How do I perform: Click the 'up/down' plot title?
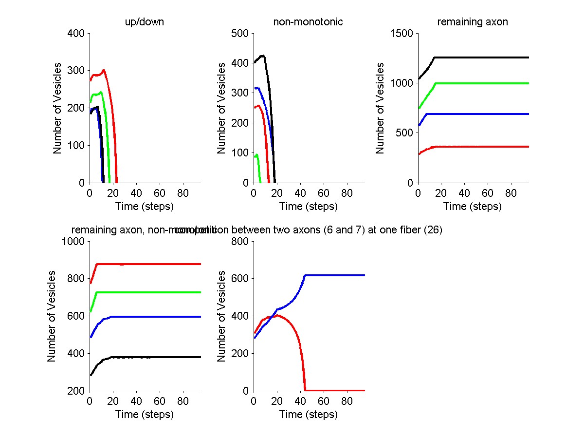145,22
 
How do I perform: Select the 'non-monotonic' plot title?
309,22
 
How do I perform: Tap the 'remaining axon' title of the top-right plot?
473,22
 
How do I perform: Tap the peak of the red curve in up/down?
104,70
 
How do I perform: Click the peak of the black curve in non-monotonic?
263,56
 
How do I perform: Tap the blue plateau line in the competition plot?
336,275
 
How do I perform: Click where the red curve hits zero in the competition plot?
306,390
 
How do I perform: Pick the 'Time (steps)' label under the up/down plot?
145,206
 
